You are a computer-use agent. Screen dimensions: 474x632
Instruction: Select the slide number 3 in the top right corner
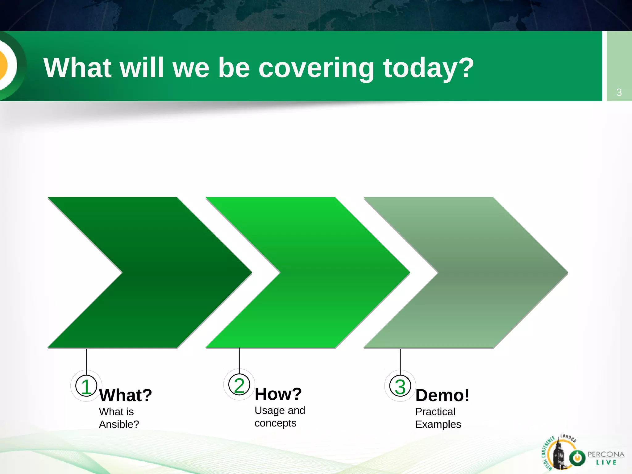(619, 92)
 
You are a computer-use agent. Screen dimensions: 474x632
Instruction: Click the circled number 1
(86, 386)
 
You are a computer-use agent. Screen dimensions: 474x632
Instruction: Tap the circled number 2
(239, 385)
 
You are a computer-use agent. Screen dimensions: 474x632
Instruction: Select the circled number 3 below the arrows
(400, 386)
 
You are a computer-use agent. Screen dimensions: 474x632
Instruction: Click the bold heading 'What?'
(126, 395)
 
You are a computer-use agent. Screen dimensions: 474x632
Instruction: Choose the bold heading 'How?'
(278, 394)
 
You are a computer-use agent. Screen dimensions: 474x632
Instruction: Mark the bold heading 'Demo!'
(442, 395)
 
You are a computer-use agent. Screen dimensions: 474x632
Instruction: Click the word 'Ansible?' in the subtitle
(119, 424)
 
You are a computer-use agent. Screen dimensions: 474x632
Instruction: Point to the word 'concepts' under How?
(275, 423)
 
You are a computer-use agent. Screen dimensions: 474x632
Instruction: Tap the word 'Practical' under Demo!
(435, 412)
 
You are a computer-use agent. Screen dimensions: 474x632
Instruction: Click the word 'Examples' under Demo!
(438, 424)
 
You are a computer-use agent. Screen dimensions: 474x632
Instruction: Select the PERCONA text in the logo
(606, 454)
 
